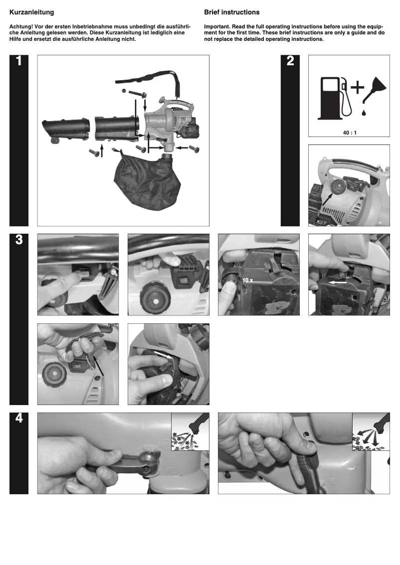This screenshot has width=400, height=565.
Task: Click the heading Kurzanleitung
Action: click(32, 12)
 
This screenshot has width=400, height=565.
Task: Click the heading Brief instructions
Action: click(232, 12)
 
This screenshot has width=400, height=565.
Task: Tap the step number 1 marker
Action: click(19, 62)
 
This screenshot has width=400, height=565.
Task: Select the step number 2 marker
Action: click(290, 62)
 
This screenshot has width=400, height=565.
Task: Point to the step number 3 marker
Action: click(19, 240)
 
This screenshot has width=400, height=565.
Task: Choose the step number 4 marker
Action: click(19, 419)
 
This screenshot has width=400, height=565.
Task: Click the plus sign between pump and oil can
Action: click(357, 88)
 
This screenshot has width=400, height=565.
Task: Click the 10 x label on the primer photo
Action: click(247, 281)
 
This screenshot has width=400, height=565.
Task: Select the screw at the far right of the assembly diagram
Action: click(194, 148)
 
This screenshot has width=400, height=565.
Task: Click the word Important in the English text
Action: click(217, 26)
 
